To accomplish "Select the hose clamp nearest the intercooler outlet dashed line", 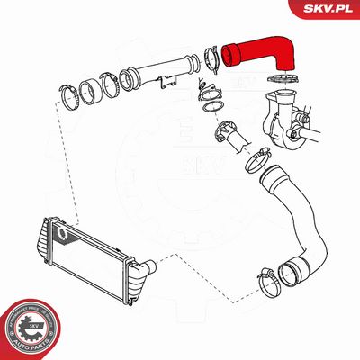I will pos(270,280).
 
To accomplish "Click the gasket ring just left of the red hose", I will pos(215,57).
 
